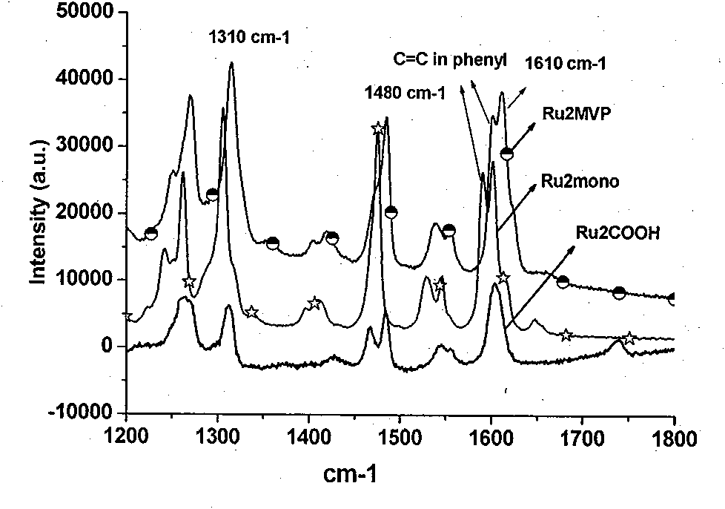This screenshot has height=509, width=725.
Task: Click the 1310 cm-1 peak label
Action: [249, 36]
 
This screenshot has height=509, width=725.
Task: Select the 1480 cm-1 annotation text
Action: [405, 93]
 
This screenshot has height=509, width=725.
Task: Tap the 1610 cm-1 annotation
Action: [565, 63]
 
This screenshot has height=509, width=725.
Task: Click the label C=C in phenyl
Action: [450, 59]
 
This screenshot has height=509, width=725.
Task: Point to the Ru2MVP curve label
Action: [577, 114]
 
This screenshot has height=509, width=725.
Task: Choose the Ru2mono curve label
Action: [580, 181]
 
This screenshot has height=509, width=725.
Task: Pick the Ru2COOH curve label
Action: [618, 233]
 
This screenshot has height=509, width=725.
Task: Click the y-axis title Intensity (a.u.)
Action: [38, 211]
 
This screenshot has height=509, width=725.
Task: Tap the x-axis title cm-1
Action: [351, 474]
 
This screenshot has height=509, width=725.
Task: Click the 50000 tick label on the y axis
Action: [85, 11]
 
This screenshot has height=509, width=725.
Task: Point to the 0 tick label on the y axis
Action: [107, 345]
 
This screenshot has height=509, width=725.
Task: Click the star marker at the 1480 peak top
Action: [378, 128]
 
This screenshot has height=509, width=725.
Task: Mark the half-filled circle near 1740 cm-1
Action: [619, 293]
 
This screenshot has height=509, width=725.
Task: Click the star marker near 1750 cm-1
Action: [629, 338]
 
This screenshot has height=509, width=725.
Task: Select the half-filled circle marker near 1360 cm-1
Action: [273, 243]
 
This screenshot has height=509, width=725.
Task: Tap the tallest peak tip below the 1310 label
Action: [231, 63]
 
